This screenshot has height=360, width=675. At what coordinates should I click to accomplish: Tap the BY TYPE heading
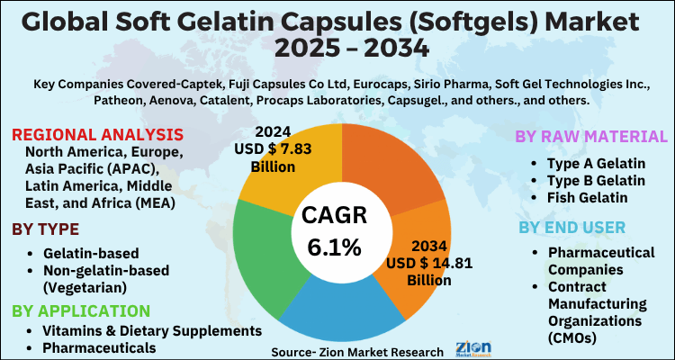[x=45, y=229]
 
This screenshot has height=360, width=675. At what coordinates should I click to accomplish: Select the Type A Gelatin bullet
[x=595, y=165]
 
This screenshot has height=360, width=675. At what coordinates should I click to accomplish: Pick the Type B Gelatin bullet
[x=595, y=181]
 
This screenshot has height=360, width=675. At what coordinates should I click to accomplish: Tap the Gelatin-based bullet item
[x=90, y=253]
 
